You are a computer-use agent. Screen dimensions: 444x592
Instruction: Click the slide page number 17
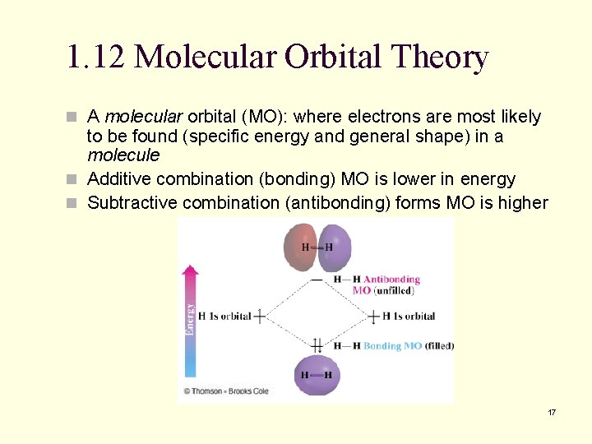pyautogui.click(x=552, y=412)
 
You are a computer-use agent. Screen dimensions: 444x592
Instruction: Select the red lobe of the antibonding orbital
pyautogui.click(x=299, y=247)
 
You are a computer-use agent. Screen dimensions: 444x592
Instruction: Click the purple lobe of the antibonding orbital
pyautogui.click(x=335, y=247)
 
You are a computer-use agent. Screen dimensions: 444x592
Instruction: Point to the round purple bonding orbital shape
pyautogui.click(x=317, y=375)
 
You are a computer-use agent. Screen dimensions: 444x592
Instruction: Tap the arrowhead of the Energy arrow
pyautogui.click(x=191, y=271)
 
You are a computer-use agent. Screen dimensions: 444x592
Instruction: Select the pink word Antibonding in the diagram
pyautogui.click(x=391, y=280)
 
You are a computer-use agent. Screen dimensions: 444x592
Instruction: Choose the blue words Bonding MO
pyautogui.click(x=393, y=346)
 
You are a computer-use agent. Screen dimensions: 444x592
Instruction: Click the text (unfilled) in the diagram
pyautogui.click(x=394, y=290)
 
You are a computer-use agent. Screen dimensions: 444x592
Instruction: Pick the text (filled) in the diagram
pyautogui.click(x=439, y=346)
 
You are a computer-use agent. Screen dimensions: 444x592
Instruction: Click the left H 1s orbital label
pyautogui.click(x=224, y=317)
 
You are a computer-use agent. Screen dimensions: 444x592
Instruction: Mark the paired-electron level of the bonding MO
pyautogui.click(x=317, y=346)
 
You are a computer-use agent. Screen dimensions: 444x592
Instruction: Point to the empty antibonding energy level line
pyautogui.click(x=317, y=280)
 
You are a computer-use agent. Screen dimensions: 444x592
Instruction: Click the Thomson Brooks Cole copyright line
pyautogui.click(x=225, y=391)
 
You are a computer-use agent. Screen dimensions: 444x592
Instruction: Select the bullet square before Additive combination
pyautogui.click(x=75, y=179)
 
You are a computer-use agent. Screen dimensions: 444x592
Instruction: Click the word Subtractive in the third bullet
pyautogui.click(x=132, y=202)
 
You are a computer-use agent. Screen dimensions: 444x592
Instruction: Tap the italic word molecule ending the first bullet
pyautogui.click(x=123, y=155)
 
